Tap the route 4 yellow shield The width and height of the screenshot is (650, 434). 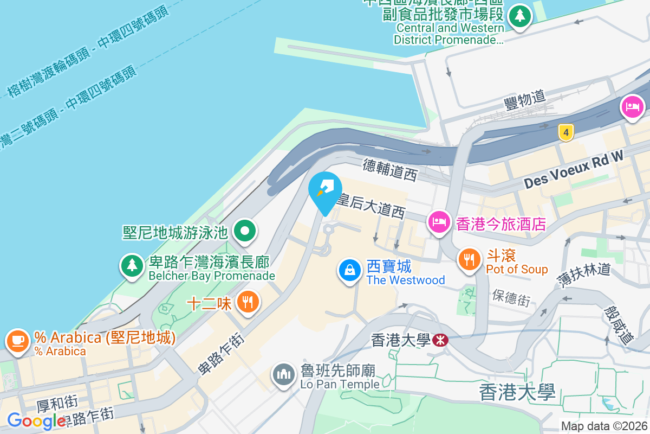(565, 132)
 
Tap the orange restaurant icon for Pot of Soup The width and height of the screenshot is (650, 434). (469, 260)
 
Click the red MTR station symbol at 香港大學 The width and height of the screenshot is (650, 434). (440, 340)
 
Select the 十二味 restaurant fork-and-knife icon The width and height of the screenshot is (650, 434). (248, 302)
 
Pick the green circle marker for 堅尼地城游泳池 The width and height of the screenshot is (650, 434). (245, 232)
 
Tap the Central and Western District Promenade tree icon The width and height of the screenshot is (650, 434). (520, 16)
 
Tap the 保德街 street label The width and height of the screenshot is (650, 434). (511, 297)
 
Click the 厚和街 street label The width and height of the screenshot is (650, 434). (57, 403)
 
